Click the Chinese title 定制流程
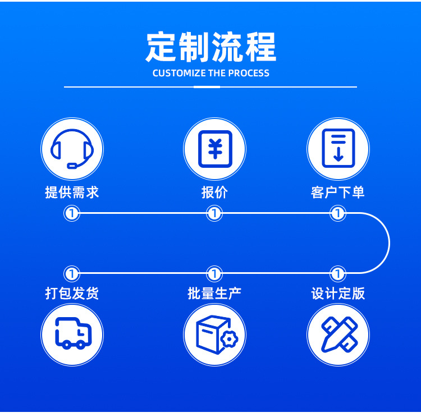210,47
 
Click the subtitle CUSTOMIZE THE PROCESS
210,74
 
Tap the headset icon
72,149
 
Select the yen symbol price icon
214,149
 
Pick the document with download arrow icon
338,149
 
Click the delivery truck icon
72,335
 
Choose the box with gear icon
214,335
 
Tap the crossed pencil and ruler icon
338,335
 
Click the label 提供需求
72,193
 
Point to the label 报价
214,193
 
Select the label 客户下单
338,193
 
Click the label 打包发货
72,293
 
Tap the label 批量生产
214,293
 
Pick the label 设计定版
338,293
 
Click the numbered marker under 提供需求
72,213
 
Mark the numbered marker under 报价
214,213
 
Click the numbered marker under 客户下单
338,213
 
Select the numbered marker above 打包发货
72,274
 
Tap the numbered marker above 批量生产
214,274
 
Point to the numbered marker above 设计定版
338,274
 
